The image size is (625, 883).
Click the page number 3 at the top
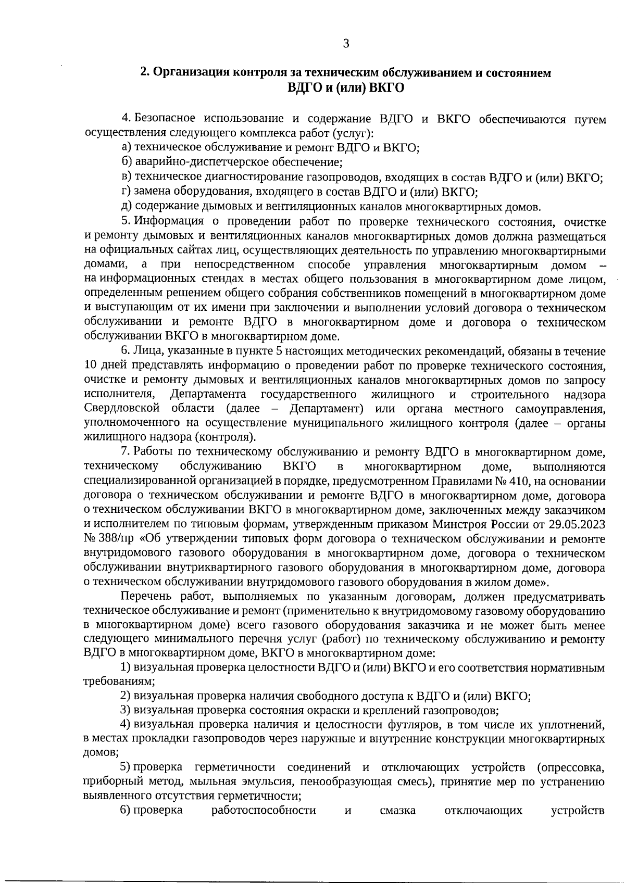pos(346,44)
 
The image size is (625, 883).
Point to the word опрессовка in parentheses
pos(573,767)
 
